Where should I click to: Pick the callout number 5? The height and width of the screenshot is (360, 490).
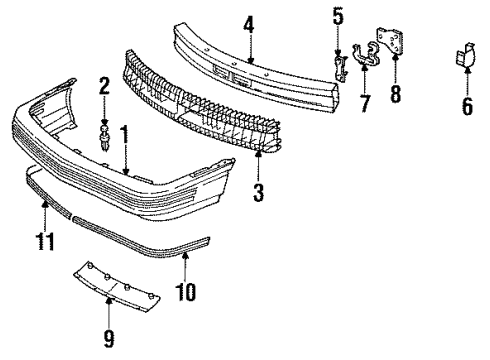point(338,16)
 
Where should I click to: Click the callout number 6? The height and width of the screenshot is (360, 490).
point(466,103)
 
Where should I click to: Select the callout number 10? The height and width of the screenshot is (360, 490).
point(187,292)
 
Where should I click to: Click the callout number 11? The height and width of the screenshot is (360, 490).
point(43,240)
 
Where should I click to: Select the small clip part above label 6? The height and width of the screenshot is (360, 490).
point(466,59)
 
